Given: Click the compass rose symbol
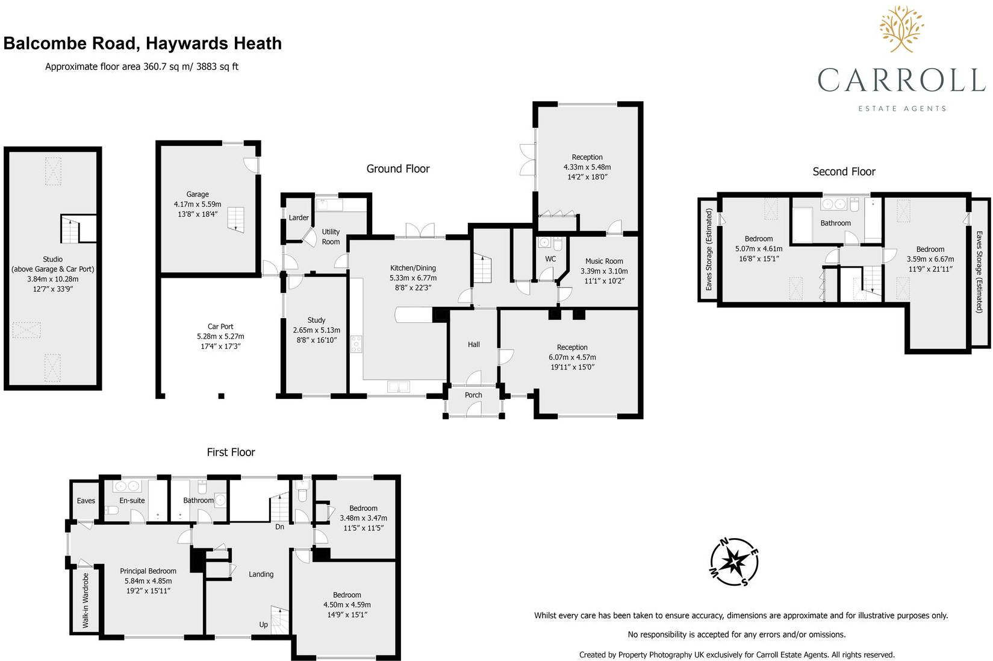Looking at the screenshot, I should click(733, 562).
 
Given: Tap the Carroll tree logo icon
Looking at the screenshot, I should click(901, 29).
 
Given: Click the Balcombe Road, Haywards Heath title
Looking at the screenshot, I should click(143, 43).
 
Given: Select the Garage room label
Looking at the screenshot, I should click(198, 194).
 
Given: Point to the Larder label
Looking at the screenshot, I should click(299, 218).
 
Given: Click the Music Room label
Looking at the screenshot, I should click(604, 261).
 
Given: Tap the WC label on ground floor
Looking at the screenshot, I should click(550, 259).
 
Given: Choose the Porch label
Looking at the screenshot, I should click(473, 395).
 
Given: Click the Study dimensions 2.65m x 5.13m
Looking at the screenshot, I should click(316, 330).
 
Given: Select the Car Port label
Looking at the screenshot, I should click(220, 327).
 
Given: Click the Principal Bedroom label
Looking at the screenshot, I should click(148, 571).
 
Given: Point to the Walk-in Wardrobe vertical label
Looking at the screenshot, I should click(86, 600).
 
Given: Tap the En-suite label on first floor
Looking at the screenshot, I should click(132, 501).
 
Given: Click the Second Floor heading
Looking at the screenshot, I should click(844, 172).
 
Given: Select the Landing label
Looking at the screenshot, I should click(261, 574).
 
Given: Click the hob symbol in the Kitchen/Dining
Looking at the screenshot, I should click(356, 344).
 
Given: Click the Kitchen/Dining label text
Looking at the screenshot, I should click(412, 268).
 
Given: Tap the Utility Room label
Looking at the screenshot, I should click(331, 237).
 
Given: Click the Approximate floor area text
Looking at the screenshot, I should click(142, 67).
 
